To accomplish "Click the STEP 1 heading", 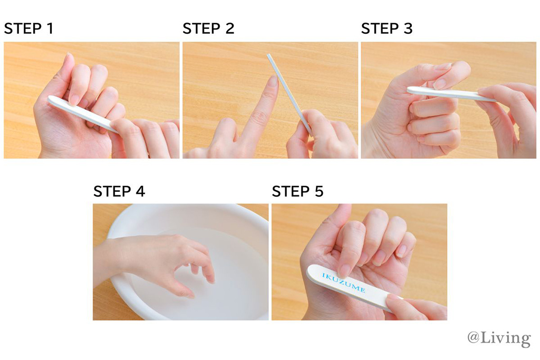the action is click(x=29, y=28).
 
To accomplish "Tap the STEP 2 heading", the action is click(x=208, y=28).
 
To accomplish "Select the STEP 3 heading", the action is click(x=387, y=28).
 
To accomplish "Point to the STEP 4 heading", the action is click(x=119, y=191).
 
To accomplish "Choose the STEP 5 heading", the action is click(x=297, y=191).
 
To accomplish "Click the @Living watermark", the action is click(x=499, y=338).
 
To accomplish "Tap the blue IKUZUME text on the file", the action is click(x=343, y=283).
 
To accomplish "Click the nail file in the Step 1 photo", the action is click(x=83, y=113).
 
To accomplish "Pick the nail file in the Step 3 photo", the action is click(x=451, y=94).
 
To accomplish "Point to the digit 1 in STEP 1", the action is click(x=51, y=28).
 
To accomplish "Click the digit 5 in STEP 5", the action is click(x=319, y=191).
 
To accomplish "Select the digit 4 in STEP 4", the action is click(x=140, y=191).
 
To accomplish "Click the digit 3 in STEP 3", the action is click(x=408, y=28).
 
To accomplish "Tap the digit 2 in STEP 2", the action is click(x=230, y=28).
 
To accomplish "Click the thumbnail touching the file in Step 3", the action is click(x=440, y=84).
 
